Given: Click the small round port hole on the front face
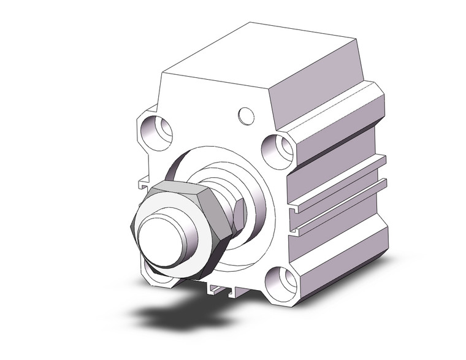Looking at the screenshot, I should (x=246, y=115).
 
